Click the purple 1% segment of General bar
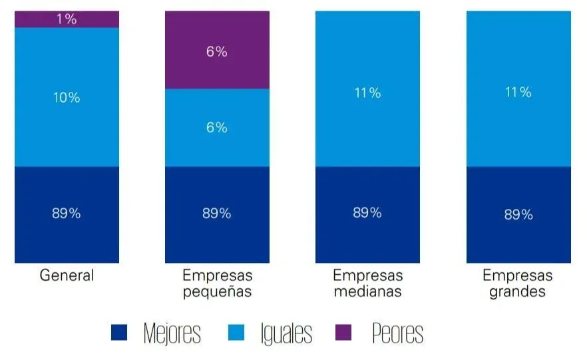pyautogui.click(x=67, y=19)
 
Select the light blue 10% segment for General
pyautogui.click(x=67, y=97)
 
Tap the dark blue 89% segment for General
pyautogui.click(x=67, y=214)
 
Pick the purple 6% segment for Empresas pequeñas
pyautogui.click(x=217, y=51)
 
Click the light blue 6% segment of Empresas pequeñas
pyautogui.click(x=217, y=128)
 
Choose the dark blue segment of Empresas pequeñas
pyautogui.click(x=217, y=214)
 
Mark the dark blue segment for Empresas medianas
pyautogui.click(x=367, y=214)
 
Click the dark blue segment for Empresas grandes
pyautogui.click(x=518, y=214)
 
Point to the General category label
pyautogui.click(x=67, y=275)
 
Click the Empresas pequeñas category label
pyautogui.click(x=217, y=283)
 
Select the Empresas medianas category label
pyautogui.click(x=367, y=283)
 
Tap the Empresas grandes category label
pyautogui.click(x=518, y=283)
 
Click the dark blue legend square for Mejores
pyautogui.click(x=119, y=333)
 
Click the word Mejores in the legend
pyautogui.click(x=172, y=334)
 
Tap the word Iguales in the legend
pyautogui.click(x=286, y=334)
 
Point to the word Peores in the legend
pyautogui.click(x=397, y=334)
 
